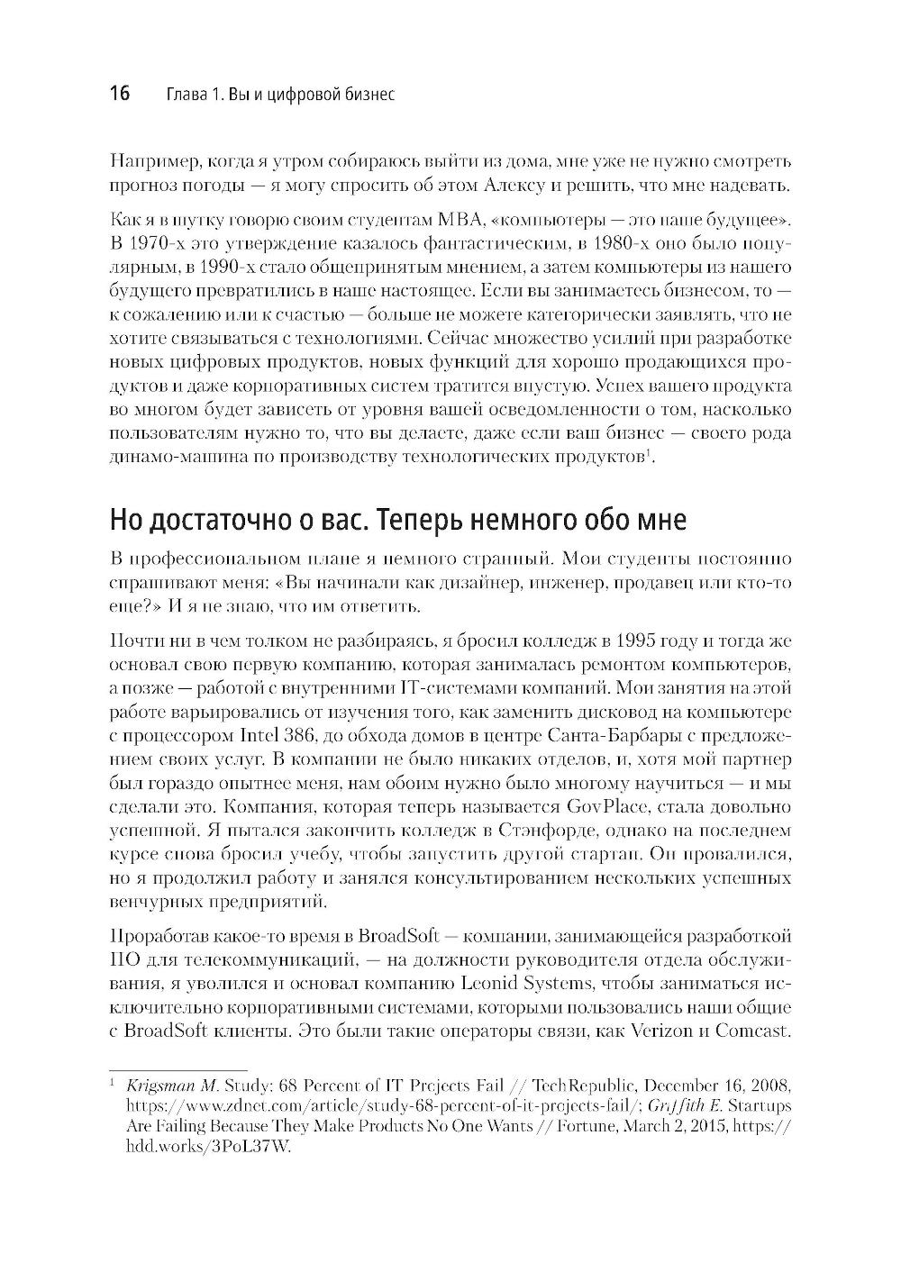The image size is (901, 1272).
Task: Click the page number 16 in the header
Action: point(120,95)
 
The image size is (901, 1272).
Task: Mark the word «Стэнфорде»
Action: point(545,830)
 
